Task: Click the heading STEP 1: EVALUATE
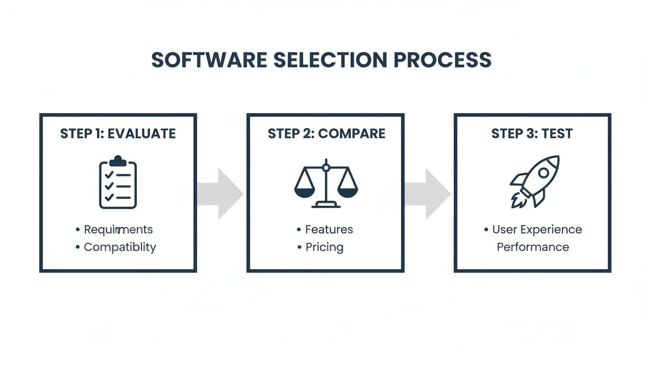click(118, 134)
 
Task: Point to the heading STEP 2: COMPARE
click(326, 134)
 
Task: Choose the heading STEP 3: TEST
click(532, 134)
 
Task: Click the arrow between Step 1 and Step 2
click(221, 194)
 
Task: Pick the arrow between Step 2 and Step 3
click(428, 194)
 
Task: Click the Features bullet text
click(329, 229)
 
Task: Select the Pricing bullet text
click(324, 247)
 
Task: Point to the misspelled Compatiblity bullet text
click(120, 247)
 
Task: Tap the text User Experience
click(537, 229)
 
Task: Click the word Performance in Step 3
click(533, 247)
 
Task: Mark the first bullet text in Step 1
click(118, 229)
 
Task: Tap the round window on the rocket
click(543, 172)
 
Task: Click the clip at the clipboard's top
click(118, 160)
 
